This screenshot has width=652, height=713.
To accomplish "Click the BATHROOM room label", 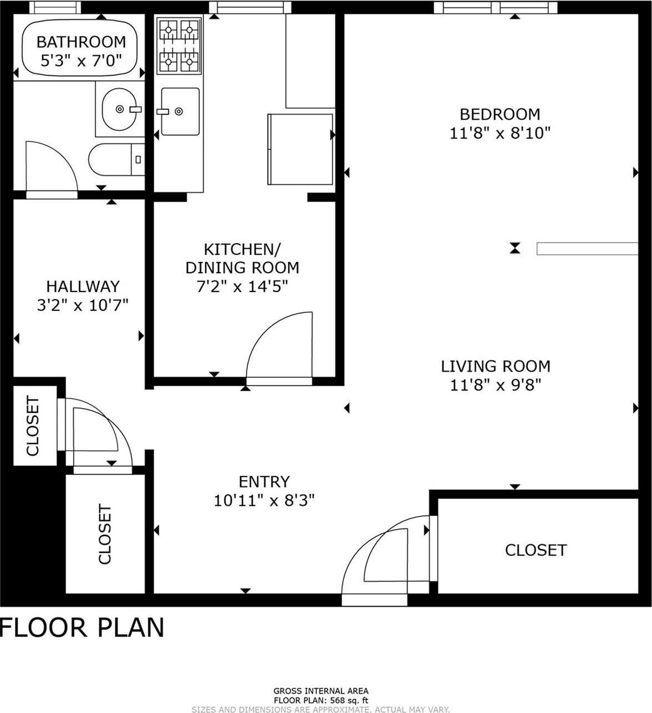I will pyautogui.click(x=81, y=42).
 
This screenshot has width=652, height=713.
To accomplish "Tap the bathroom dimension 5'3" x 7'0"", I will pyautogui.click(x=81, y=60).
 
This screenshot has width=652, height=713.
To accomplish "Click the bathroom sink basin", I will pyautogui.click(x=119, y=109).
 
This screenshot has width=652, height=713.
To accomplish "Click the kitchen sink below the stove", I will pyautogui.click(x=180, y=111).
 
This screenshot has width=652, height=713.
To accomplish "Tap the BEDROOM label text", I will pyautogui.click(x=500, y=114).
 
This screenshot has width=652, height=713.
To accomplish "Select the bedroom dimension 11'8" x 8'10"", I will pyautogui.click(x=500, y=133).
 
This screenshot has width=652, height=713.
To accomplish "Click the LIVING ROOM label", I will pyautogui.click(x=495, y=366).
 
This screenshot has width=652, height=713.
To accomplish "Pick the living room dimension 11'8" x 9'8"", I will pyautogui.click(x=495, y=385).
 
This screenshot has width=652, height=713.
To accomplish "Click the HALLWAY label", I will pyautogui.click(x=83, y=286).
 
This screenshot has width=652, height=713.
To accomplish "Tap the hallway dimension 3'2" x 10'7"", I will pyautogui.click(x=83, y=305).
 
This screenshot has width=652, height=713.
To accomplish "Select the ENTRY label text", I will pyautogui.click(x=264, y=481).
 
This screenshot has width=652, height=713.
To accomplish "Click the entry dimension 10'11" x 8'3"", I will pyautogui.click(x=264, y=501).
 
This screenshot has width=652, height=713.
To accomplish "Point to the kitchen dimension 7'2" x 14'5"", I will pyautogui.click(x=242, y=286).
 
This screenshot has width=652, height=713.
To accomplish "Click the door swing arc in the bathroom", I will pyautogui.click(x=53, y=166).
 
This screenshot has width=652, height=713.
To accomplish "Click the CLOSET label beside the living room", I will pyautogui.click(x=536, y=550).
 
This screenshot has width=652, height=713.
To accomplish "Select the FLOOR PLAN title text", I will pyautogui.click(x=83, y=628).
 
